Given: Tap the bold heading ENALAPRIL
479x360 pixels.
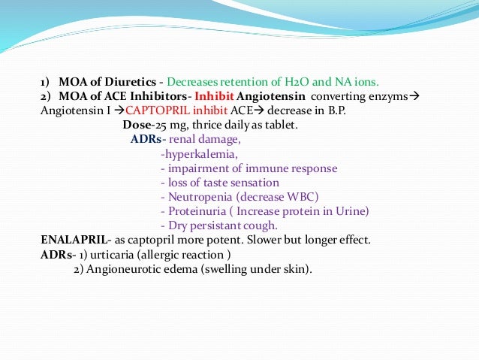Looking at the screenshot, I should (x=71, y=241).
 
